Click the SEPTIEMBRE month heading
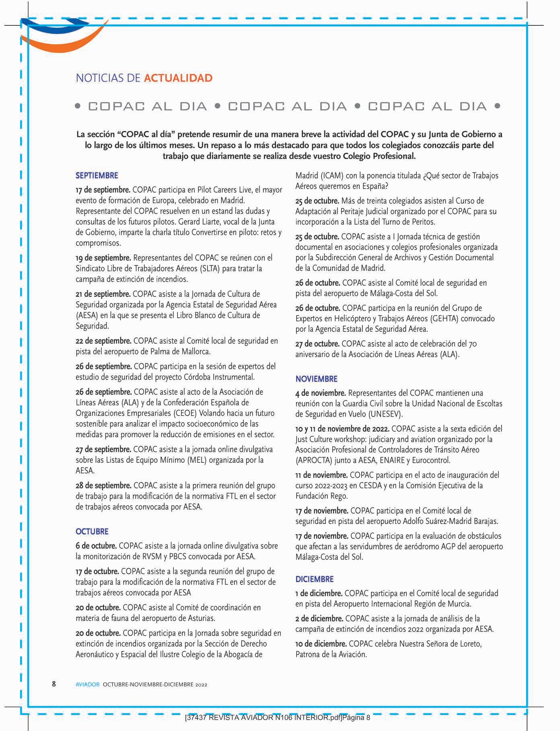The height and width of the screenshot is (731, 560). [97, 176]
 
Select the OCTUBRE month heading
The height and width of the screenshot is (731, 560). [92, 532]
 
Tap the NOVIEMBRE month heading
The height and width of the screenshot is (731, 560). [317, 379]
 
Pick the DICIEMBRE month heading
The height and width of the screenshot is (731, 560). [315, 579]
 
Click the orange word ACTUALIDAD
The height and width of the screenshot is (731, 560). [178, 78]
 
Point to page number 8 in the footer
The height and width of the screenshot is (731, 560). [54, 684]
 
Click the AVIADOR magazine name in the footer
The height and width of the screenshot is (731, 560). [87, 684]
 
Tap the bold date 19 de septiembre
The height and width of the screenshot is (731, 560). [103, 258]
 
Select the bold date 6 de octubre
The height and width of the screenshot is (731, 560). [96, 546]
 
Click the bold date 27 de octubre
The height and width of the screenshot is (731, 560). [317, 344]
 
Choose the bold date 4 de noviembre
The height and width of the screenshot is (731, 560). [321, 393]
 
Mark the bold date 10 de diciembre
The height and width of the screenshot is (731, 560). [321, 644]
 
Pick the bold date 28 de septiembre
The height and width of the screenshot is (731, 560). [103, 485]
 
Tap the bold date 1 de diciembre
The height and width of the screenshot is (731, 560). [319, 593]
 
